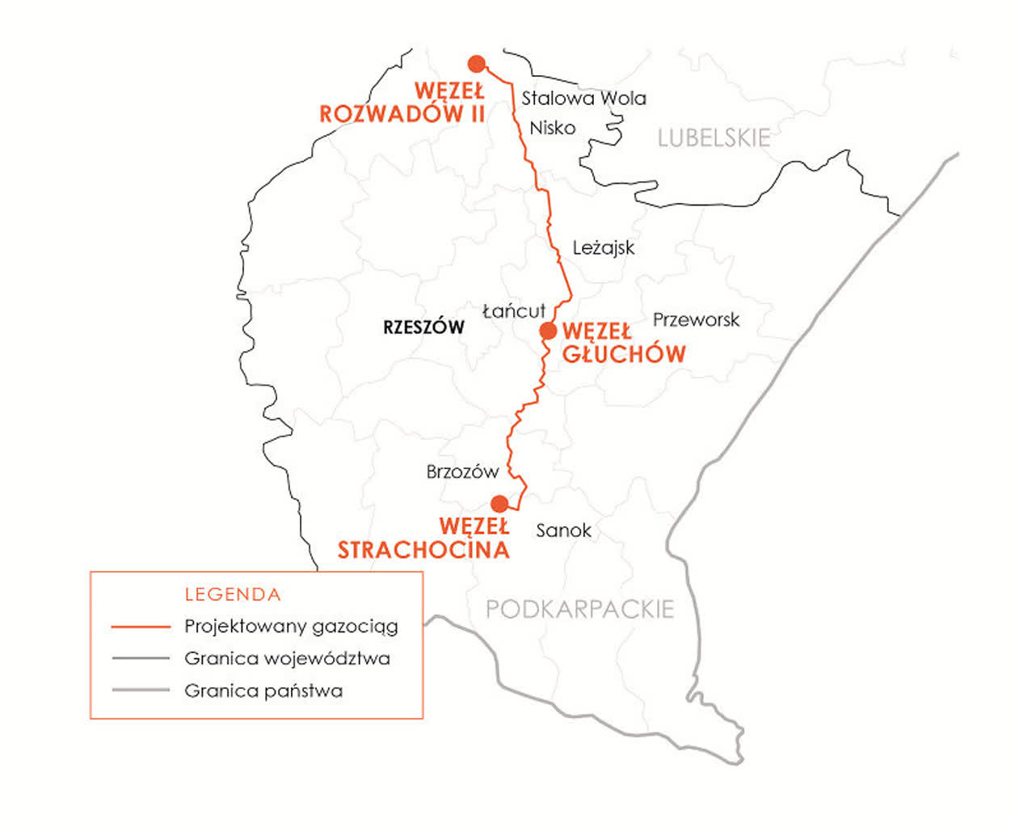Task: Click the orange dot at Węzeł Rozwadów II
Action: [x=477, y=64]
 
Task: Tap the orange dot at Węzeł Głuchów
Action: [x=548, y=331]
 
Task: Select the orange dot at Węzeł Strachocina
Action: [x=499, y=504]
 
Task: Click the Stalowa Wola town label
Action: [x=583, y=99]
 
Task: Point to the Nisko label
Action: [x=553, y=128]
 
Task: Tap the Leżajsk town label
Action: [x=603, y=248]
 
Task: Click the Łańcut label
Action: [x=514, y=311]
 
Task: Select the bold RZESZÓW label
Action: [x=423, y=327]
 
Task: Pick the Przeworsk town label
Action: [x=696, y=320]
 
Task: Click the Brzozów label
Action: [x=462, y=472]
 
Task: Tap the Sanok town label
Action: [x=563, y=530]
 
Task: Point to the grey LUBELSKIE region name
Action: [x=714, y=138]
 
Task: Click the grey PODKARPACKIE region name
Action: [x=579, y=609]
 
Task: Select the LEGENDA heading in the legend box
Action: [x=233, y=595]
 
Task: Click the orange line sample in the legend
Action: [x=141, y=627]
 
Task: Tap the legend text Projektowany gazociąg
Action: [x=291, y=627]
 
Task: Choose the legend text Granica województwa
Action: [x=287, y=659]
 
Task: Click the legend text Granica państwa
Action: [x=263, y=691]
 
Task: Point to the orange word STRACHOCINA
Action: [x=423, y=551]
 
